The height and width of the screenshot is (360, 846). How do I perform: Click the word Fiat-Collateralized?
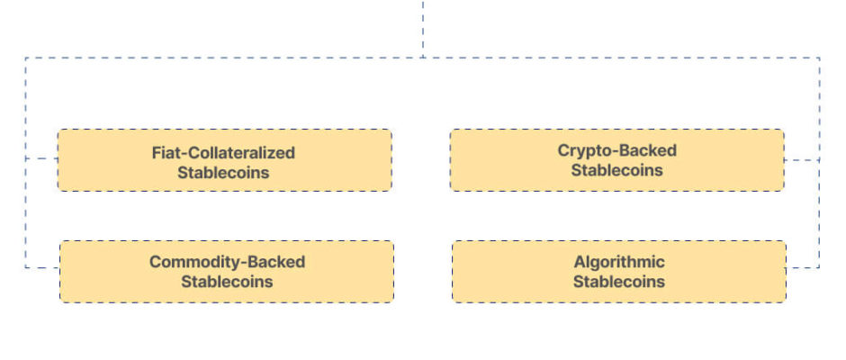223,153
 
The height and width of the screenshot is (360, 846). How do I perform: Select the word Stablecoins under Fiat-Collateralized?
223,173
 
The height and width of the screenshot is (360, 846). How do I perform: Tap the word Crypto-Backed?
616,150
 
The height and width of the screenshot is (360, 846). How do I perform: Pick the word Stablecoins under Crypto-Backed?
616,170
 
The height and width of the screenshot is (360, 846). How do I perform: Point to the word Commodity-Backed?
227,262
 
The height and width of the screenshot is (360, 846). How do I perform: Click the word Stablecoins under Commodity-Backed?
227,282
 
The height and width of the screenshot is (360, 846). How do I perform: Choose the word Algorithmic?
619,262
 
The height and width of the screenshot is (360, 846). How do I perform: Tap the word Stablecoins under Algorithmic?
619,282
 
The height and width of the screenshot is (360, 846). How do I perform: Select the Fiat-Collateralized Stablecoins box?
224,160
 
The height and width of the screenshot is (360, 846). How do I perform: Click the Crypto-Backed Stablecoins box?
616,160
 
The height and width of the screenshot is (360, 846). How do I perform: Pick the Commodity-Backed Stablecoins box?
227,272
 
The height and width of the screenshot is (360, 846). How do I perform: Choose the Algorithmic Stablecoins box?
619,272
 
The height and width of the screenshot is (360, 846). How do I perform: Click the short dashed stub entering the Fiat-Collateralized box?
41,158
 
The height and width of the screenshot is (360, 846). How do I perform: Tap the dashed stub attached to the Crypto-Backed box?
802,160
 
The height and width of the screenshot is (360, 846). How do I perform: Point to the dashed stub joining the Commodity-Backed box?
42,267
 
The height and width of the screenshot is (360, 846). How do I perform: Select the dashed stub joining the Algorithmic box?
803,267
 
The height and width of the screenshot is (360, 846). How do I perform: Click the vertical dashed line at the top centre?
423,29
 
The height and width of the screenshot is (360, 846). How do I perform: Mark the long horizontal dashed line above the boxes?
422,58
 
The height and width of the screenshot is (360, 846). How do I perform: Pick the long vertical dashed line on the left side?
25,163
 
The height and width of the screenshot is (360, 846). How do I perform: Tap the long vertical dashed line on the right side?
820,163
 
